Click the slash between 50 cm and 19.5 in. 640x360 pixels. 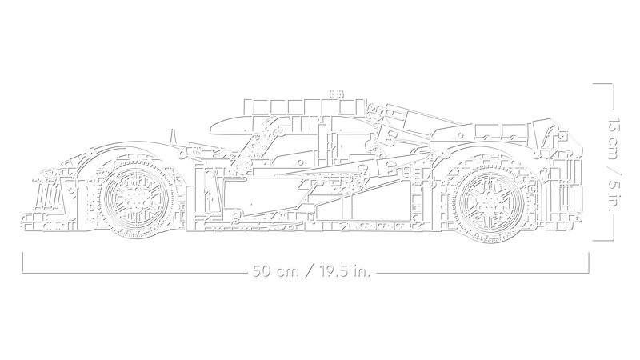[x=304, y=271]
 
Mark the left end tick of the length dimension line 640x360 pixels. [x=22, y=263]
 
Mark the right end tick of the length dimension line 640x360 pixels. [x=590, y=263]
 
